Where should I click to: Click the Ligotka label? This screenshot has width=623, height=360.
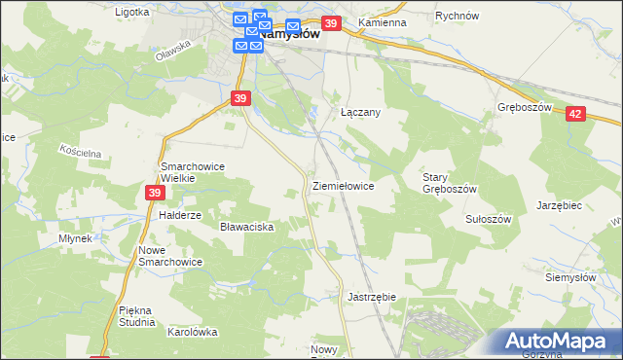[132, 13]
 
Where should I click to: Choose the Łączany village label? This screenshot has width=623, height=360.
[360, 112]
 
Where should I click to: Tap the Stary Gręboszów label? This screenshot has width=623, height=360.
[449, 183]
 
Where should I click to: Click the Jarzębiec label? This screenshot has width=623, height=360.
[559, 206]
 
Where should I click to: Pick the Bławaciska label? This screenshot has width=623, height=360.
[247, 227]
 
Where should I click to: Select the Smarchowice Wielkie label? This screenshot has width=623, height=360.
[193, 172]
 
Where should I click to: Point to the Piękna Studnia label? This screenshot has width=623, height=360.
[136, 316]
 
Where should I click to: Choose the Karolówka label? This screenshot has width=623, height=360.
[192, 332]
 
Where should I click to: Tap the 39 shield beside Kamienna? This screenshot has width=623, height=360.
[331, 23]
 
